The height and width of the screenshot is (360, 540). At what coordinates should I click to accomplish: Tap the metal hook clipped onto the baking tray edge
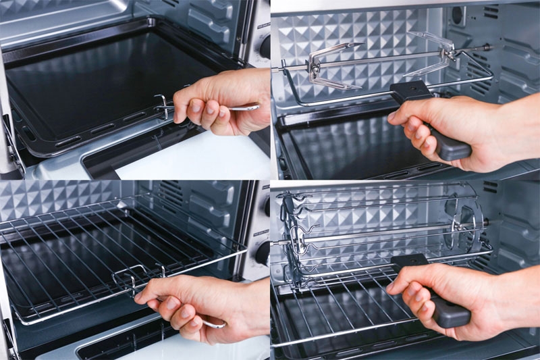[x=162, y=105]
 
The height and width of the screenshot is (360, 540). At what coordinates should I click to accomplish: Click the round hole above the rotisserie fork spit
[x=457, y=15]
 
